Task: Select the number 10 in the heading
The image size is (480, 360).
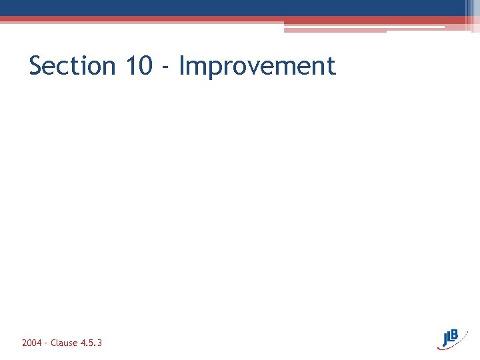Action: point(138,66)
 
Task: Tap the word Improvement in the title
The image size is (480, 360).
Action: point(257,66)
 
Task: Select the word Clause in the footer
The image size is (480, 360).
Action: point(64,343)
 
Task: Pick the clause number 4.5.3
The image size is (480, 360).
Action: point(91,343)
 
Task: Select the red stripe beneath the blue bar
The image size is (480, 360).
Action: point(200,19)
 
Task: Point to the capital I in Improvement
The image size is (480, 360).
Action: point(183,66)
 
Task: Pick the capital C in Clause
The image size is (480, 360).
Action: point(53,343)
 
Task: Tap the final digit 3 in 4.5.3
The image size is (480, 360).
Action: point(99,343)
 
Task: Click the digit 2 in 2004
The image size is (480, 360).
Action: point(25,343)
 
